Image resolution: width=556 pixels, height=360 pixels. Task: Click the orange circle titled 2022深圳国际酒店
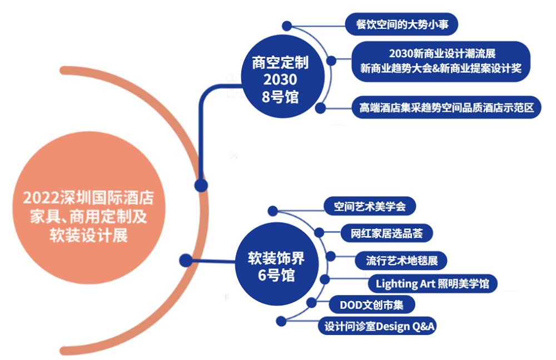tap(88, 207)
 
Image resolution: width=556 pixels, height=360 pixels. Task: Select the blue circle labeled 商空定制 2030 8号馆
tap(282, 76)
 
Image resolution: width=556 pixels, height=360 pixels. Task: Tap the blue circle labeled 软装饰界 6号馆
tap(277, 264)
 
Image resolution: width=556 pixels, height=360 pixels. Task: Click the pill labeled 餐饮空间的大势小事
tap(401, 24)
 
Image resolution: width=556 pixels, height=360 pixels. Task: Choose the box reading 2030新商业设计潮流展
tap(441, 61)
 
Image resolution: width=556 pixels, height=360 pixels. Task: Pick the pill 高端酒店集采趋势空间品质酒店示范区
tap(446, 107)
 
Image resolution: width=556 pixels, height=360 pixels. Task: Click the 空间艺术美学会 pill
tap(370, 206)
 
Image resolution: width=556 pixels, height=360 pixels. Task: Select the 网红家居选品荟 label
tap(386, 233)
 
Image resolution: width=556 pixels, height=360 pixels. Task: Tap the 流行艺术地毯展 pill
tap(401, 261)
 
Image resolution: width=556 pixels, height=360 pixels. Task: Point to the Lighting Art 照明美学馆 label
tap(432, 283)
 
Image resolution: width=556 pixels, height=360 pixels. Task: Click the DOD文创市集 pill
tap(371, 305)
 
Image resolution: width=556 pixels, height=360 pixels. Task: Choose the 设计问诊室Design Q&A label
tap(378, 326)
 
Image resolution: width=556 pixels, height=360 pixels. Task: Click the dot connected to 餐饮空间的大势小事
tap(287, 26)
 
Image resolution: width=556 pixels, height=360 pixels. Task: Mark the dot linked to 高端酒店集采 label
tap(320, 108)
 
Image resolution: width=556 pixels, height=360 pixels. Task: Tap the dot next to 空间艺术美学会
tap(272, 211)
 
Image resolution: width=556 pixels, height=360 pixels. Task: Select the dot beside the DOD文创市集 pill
tap(311, 303)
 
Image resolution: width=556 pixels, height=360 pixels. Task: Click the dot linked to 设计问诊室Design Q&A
tap(281, 321)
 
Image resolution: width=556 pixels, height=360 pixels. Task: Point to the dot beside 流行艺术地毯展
tap(330, 256)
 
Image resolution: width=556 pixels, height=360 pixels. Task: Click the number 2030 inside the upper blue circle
tap(280, 79)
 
